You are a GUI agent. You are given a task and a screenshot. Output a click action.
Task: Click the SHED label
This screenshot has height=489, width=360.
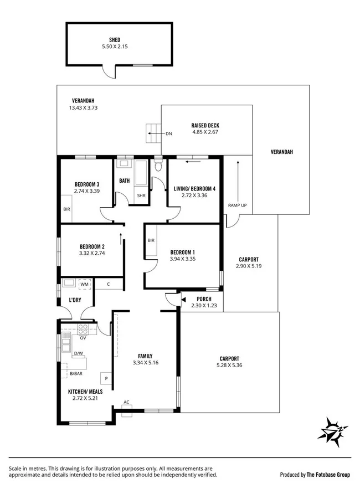pos(115,40)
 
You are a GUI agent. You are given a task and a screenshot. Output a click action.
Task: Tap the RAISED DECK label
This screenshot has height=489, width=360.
pos(205,125)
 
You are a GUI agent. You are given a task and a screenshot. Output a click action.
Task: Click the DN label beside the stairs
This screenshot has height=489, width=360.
pos(169,133)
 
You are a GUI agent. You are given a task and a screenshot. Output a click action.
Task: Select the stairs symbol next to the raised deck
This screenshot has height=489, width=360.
pos(152,133)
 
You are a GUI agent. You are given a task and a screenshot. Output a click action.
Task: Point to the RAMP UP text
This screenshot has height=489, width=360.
pos(238,205)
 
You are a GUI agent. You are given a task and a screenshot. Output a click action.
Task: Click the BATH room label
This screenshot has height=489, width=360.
pos(125,181)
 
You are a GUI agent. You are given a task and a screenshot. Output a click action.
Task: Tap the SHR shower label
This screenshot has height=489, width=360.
pos(141,195)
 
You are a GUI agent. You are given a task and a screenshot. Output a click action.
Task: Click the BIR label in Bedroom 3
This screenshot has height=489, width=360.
pos(67,209)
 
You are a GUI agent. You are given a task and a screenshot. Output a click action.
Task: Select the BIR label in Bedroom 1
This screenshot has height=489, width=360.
pos(151,240)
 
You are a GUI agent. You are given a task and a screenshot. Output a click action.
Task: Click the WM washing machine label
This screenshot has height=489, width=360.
pos(84,284)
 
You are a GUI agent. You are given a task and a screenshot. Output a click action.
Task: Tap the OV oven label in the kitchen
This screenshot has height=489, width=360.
pos(83,337)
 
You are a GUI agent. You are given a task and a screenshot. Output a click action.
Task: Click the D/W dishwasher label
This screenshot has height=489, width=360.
pos(79,353)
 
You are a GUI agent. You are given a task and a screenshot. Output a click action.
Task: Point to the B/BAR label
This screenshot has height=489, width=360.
pos(76,374)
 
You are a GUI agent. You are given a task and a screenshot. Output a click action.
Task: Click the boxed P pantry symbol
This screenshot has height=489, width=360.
pos(105,379)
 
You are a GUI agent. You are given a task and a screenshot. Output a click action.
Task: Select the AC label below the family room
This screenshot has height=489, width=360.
pos(126,402)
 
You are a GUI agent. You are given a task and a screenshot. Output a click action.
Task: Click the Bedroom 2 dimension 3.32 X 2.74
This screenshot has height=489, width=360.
pos(92,253)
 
